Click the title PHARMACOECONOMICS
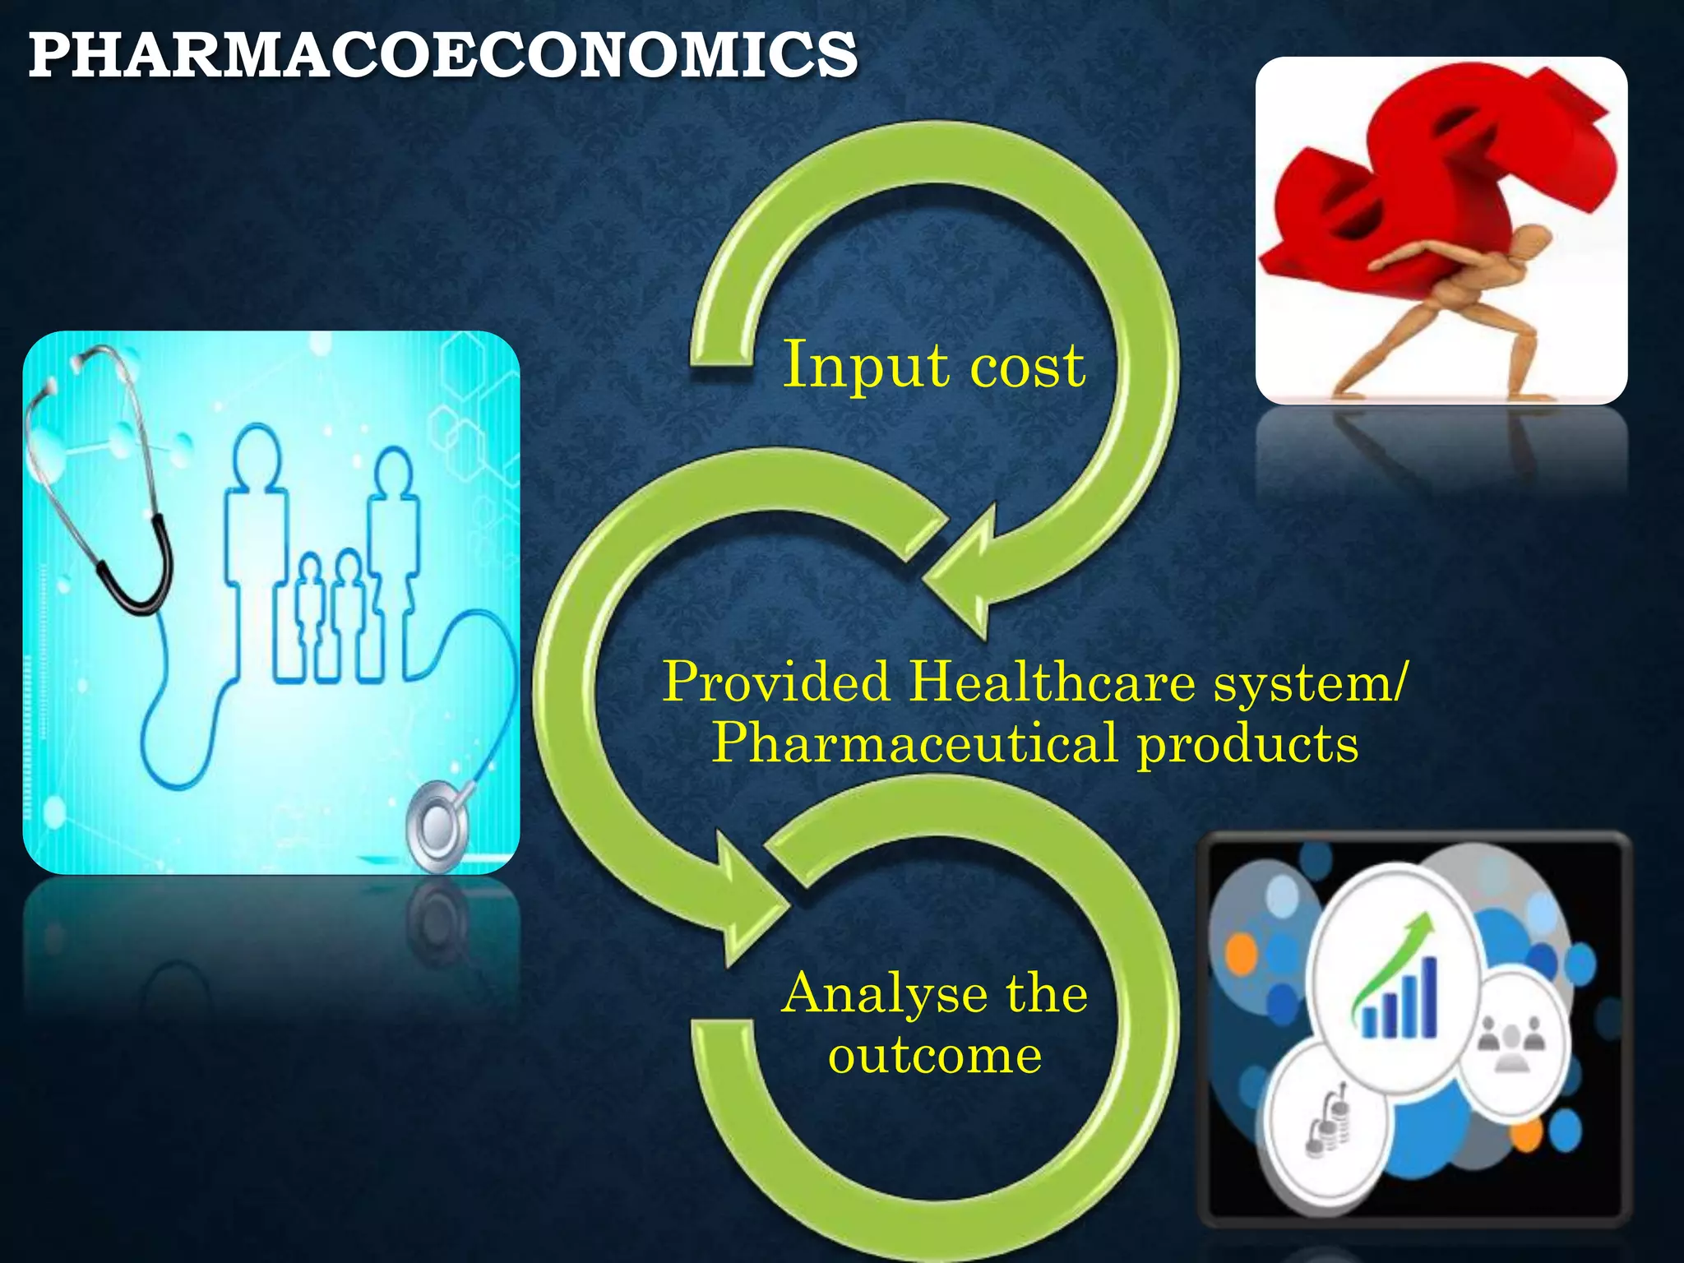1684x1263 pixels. [x=442, y=56]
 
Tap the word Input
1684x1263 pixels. [x=863, y=366]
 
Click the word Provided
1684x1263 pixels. [x=777, y=682]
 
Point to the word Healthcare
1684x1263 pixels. [x=1052, y=682]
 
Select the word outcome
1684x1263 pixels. [x=935, y=1056]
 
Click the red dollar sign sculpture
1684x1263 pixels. [x=1431, y=181]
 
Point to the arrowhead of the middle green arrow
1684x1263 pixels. [x=744, y=896]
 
